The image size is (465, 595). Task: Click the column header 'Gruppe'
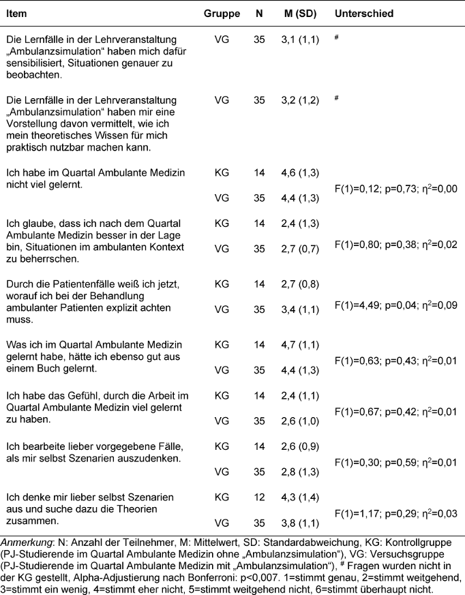click(x=221, y=14)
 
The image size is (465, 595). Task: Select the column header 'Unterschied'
click(x=363, y=14)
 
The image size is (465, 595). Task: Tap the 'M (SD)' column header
click(x=298, y=14)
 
